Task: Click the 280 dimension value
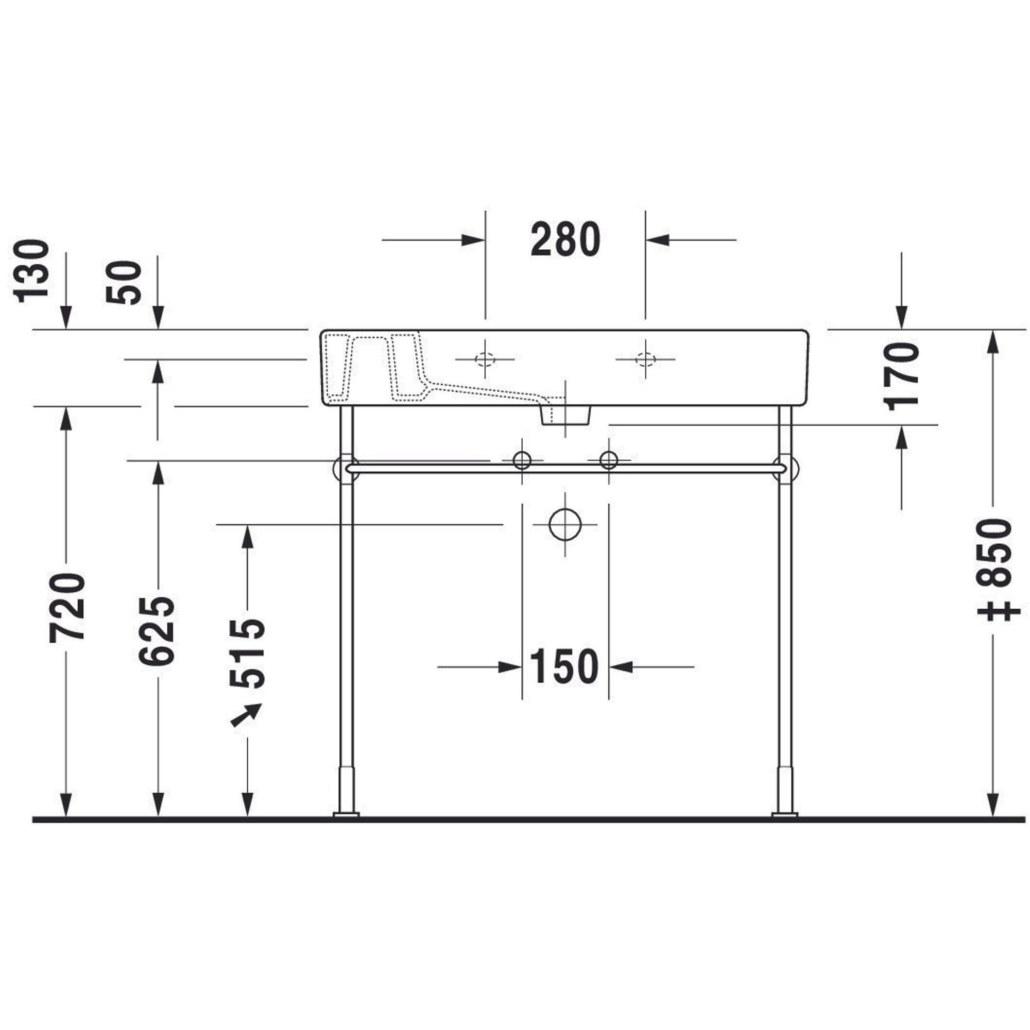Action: pos(565,240)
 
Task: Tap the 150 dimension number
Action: pos(564,666)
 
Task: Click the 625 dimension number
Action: pos(157,631)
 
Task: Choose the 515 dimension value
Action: pos(247,654)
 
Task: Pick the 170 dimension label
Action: pos(902,376)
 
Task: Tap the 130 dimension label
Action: pos(31,271)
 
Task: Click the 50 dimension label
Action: pos(124,283)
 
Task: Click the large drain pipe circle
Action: pos(564,525)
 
